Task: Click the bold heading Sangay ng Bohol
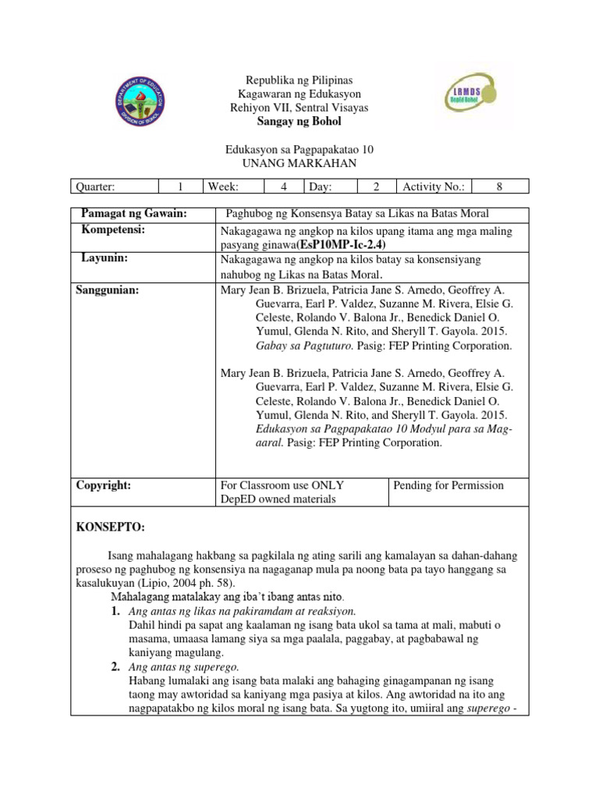coord(299,123)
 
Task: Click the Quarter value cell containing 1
coord(179,186)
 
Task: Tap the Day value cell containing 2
coord(376,186)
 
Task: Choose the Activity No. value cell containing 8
coord(500,186)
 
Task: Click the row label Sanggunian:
coord(108,289)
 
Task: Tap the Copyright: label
coord(103,485)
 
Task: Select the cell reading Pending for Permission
coord(448,485)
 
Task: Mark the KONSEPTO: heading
coord(110,528)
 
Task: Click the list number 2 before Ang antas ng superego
coord(115,666)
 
